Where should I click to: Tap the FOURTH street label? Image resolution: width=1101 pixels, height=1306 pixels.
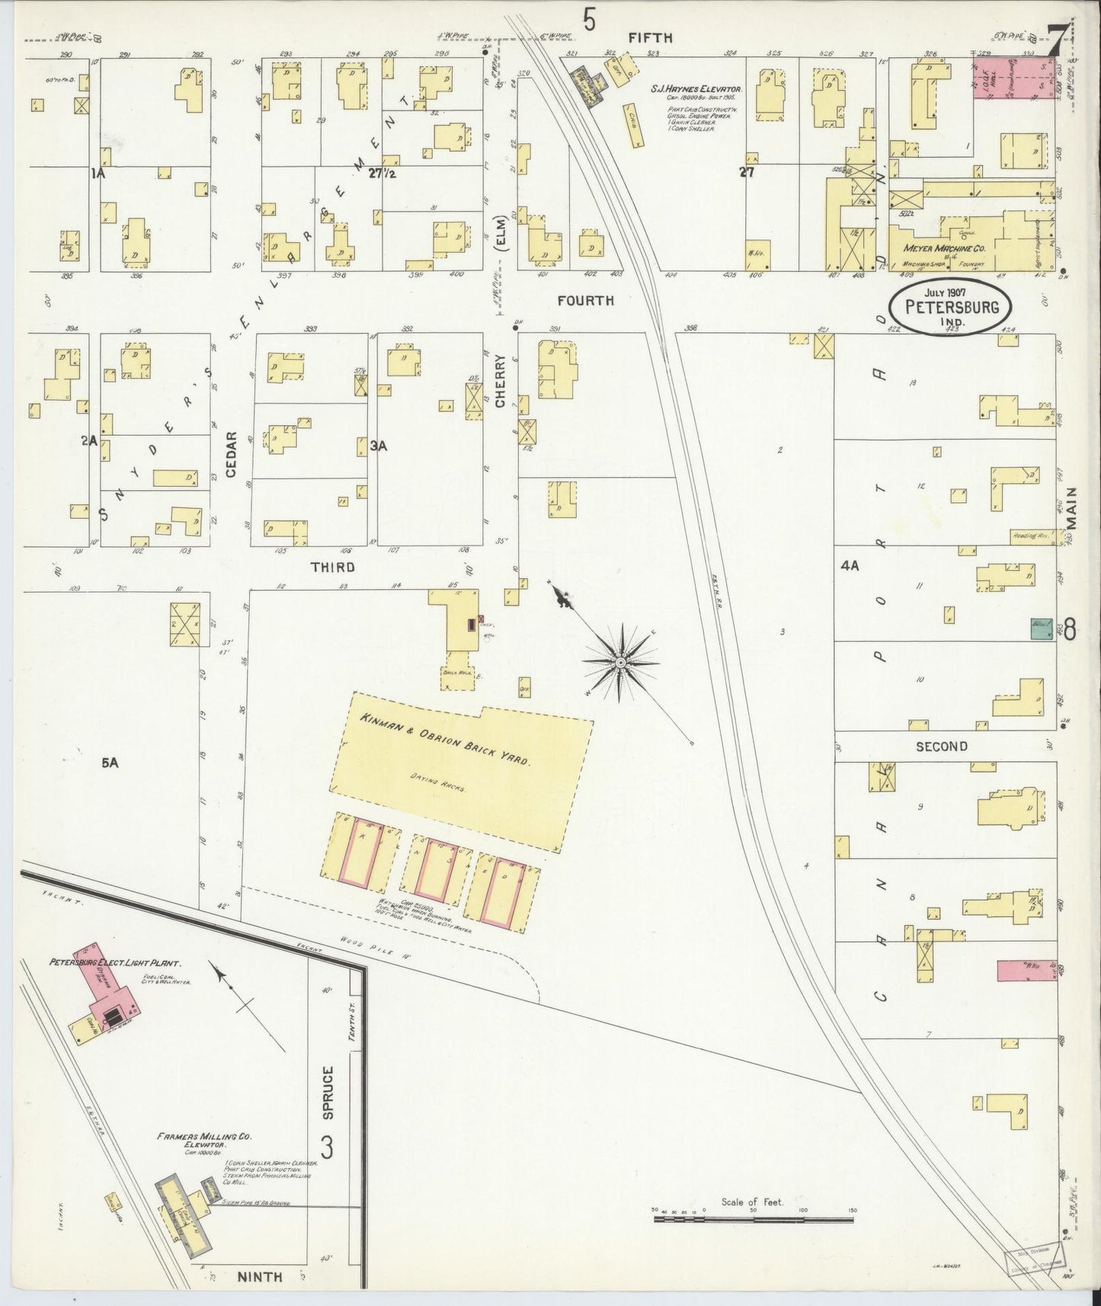pos(585,301)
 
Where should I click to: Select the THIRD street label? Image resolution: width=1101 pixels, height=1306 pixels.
pos(333,568)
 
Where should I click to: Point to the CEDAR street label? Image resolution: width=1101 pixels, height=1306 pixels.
pos(232,454)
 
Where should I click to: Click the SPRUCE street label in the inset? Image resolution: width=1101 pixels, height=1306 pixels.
pos(328,1093)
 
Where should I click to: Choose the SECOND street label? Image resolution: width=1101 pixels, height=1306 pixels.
pos(941,747)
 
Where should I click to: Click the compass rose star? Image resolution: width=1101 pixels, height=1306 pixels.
pos(621,663)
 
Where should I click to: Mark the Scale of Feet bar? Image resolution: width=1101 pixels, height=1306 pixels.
pos(754,1220)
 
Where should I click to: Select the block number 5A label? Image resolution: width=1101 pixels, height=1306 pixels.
pos(110,761)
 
